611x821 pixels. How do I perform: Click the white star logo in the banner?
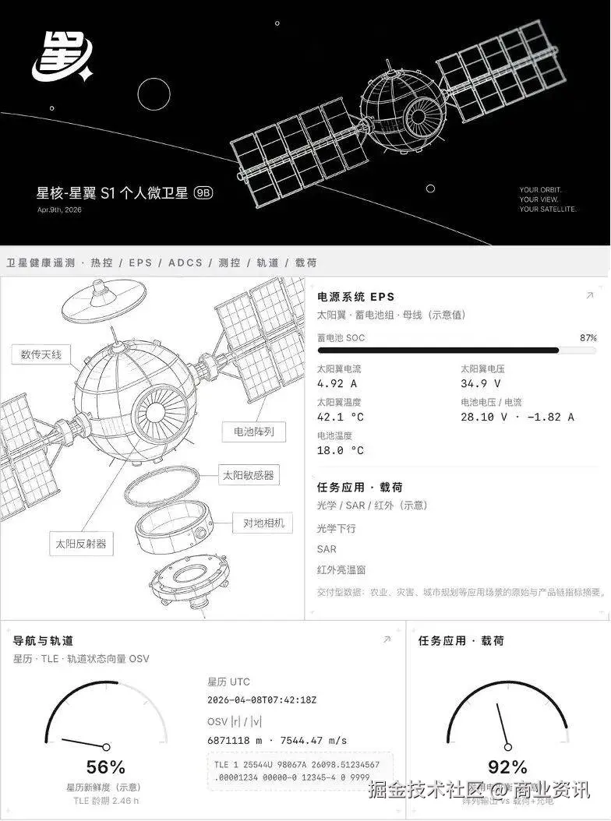click(62, 58)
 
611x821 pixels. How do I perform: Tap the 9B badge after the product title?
click(203, 193)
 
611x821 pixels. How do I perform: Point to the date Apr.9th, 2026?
click(59, 210)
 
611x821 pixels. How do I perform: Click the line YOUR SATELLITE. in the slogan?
click(548, 210)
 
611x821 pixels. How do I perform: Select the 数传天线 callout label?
click(41, 355)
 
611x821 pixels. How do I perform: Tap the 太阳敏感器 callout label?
click(249, 475)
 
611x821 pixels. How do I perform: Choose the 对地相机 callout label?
click(263, 523)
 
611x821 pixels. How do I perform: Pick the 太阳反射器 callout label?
click(81, 544)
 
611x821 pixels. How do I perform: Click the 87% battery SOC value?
click(588, 338)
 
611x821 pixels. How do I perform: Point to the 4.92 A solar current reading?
click(337, 383)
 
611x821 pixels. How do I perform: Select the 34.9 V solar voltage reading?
click(481, 383)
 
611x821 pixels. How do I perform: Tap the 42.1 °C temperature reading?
click(341, 417)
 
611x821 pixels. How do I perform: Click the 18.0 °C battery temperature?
click(341, 450)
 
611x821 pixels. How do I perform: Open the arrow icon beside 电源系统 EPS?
click(589, 296)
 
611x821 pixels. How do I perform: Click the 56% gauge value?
click(106, 767)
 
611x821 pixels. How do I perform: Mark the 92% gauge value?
click(507, 767)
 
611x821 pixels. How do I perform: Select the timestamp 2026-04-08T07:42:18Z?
click(262, 700)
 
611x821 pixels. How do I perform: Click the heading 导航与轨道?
click(44, 640)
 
